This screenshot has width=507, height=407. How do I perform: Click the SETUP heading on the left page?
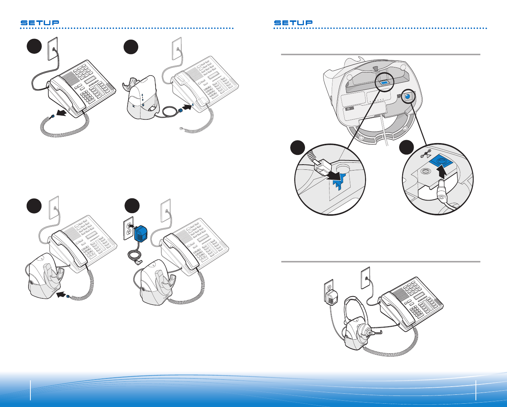40,23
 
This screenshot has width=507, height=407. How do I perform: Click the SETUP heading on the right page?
293,23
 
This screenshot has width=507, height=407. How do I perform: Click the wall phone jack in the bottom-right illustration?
366,278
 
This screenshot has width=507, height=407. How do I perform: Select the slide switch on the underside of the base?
348,109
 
